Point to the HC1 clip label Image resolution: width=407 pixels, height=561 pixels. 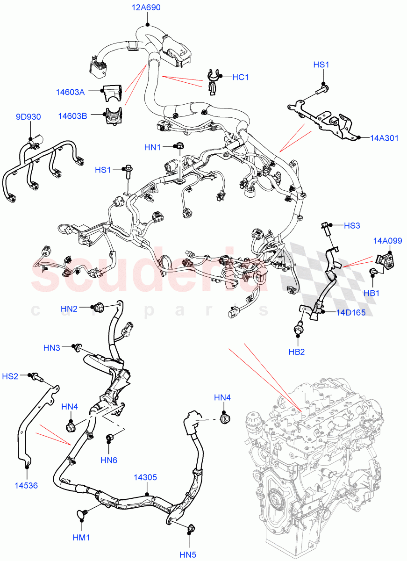[x=240, y=77]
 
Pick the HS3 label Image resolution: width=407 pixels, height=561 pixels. [x=352, y=225]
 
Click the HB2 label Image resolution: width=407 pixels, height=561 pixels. [x=296, y=352]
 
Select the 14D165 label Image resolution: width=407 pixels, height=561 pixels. [x=350, y=312]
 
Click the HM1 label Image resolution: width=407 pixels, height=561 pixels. [x=81, y=538]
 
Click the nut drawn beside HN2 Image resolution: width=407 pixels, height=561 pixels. [x=99, y=308]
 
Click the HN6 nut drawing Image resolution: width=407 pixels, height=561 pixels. [x=111, y=438]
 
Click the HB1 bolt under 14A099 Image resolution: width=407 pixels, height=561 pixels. [x=373, y=272]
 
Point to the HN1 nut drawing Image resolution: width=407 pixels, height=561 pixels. [x=179, y=146]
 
